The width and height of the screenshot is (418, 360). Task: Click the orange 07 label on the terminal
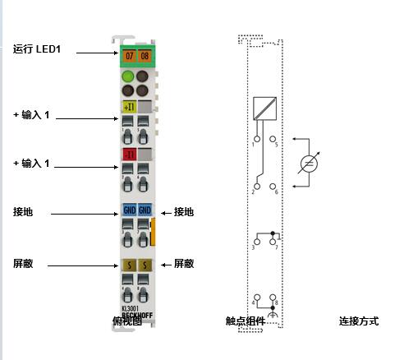point(128,55)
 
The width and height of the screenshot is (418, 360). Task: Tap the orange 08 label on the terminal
point(144,55)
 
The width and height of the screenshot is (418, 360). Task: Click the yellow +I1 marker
point(128,106)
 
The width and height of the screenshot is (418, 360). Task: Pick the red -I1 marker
point(128,154)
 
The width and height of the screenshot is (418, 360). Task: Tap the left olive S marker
point(128,265)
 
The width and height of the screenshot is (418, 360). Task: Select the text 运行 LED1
point(38,50)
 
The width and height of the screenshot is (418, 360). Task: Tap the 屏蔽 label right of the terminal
point(183,264)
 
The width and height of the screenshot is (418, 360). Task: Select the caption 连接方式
point(359,321)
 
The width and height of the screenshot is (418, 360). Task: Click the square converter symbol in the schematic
point(264,108)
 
